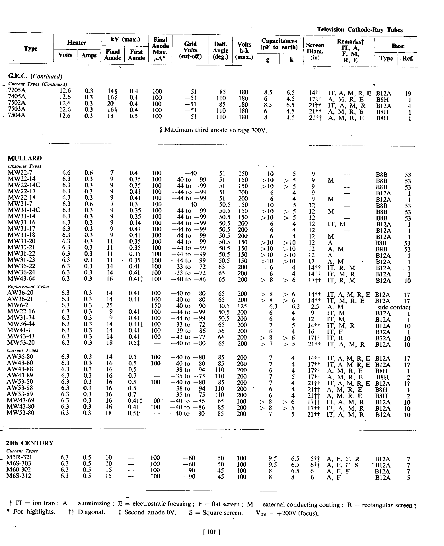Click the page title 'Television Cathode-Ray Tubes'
pyautogui.click(x=359, y=30)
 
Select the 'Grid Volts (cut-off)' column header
pyautogui.click(x=190, y=50)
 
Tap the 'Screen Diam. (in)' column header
pyautogui.click(x=315, y=51)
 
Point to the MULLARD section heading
pyautogui.click(x=24, y=158)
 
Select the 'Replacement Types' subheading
pyautogui.click(x=28, y=287)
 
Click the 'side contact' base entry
pyautogui.click(x=394, y=307)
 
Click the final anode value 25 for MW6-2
pyautogui.click(x=109, y=306)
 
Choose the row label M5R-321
pyautogui.click(x=19, y=457)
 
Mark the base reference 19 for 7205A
pyautogui.click(x=408, y=94)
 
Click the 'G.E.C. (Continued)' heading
pyautogui.click(x=35, y=76)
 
